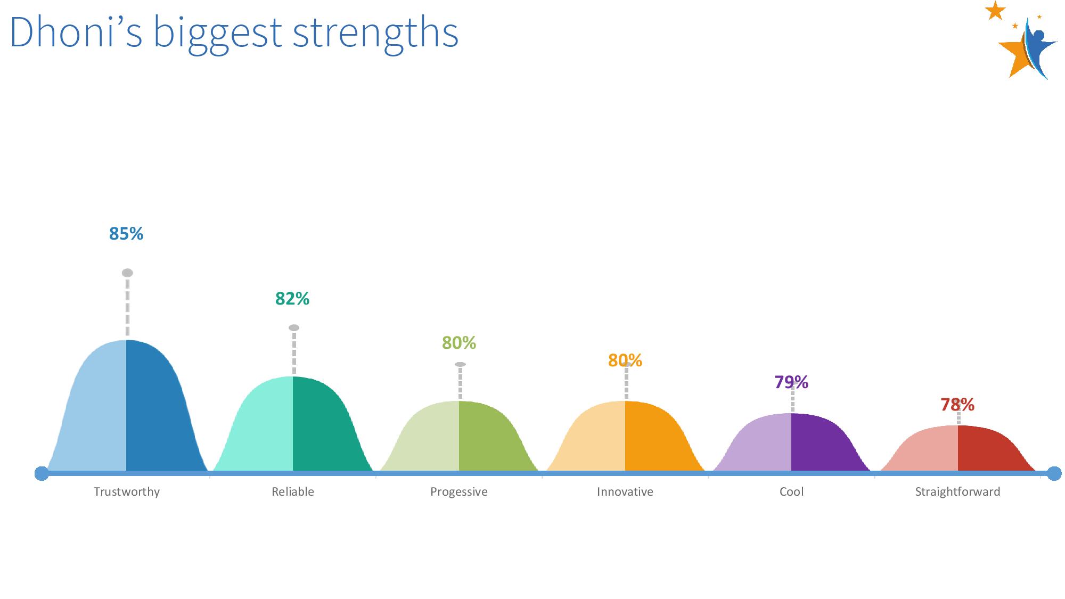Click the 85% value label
tap(126, 234)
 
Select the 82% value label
tap(292, 299)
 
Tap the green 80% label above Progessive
tap(459, 343)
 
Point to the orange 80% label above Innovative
tap(625, 360)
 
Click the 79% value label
tap(791, 382)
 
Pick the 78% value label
tap(957, 405)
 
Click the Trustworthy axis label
tap(127, 491)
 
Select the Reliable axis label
tap(293, 491)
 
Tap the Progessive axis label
tap(459, 491)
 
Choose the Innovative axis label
tap(625, 491)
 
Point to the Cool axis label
tap(792, 491)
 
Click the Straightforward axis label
tap(957, 491)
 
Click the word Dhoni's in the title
tap(76, 32)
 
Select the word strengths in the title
tap(375, 33)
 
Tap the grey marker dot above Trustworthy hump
tap(127, 273)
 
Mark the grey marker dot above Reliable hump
tap(294, 327)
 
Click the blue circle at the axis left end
tap(42, 473)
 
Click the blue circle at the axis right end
tap(1054, 473)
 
